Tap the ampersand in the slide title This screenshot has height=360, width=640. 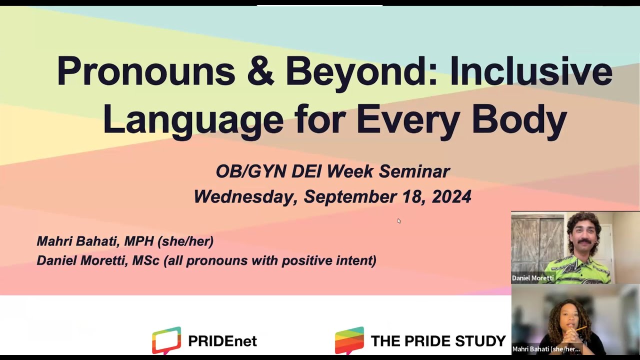coord(260,71)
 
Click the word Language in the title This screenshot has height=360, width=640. coord(192,119)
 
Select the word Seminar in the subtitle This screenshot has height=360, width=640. coord(414,171)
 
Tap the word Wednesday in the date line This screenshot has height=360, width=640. coord(245,196)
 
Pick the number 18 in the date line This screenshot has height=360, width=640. coord(413,196)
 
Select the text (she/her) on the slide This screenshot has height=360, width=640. coord(185,241)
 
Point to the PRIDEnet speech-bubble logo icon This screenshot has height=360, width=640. coord(166,340)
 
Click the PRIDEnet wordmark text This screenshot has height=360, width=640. coord(222,341)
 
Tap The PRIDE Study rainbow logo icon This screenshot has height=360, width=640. coord(349,340)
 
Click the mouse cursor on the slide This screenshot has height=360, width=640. coord(399,220)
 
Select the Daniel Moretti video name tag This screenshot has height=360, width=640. coord(533,278)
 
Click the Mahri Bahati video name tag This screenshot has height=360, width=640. coord(545,349)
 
